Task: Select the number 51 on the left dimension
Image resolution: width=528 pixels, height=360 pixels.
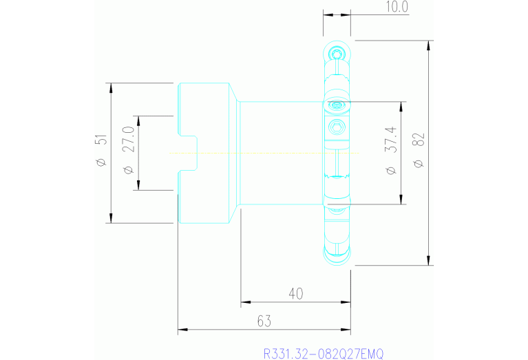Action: (101, 140)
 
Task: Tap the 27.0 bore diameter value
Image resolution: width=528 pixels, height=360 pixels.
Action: (127, 140)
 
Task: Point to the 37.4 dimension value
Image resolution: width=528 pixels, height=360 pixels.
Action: (390, 139)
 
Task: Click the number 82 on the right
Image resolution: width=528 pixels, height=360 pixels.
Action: (419, 140)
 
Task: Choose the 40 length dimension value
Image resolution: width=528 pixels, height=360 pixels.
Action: (295, 294)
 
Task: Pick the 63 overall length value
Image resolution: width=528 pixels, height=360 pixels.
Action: (264, 321)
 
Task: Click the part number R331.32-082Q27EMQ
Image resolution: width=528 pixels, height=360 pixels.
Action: (324, 353)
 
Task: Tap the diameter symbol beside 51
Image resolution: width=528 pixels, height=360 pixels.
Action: (101, 162)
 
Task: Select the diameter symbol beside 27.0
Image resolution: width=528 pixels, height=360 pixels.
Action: (127, 169)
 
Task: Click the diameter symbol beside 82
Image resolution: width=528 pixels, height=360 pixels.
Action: (419, 163)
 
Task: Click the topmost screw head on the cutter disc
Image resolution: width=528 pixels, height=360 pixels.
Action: (337, 54)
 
